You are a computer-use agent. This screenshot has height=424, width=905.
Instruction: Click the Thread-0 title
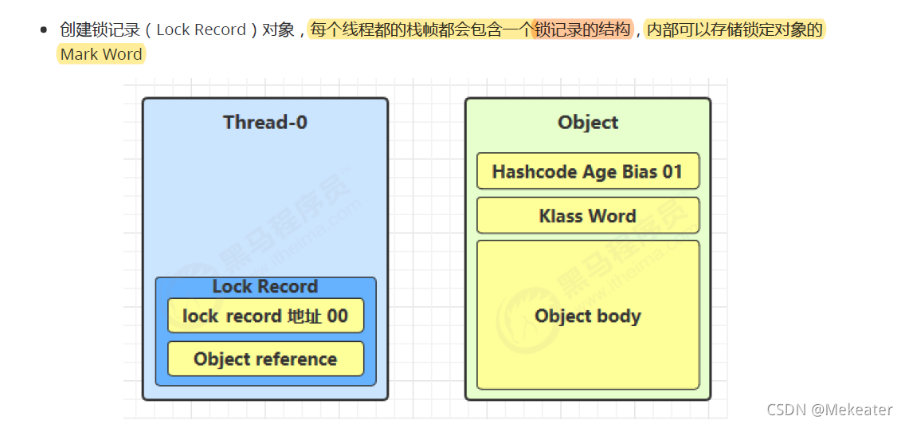(265, 123)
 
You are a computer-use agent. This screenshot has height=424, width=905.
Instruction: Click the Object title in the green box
(588, 123)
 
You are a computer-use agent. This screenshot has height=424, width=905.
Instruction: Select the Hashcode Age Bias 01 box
(588, 171)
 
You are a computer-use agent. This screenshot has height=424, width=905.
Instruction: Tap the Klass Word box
(588, 216)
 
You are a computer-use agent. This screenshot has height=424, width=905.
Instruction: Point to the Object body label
(588, 316)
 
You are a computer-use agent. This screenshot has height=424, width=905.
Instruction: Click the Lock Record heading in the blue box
(265, 287)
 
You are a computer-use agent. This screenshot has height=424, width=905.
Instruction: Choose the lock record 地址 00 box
(265, 316)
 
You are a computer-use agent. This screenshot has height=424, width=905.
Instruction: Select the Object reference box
(265, 359)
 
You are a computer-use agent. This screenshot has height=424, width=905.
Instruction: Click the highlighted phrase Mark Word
(101, 55)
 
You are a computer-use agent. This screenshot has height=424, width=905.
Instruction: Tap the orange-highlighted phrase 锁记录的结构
(582, 30)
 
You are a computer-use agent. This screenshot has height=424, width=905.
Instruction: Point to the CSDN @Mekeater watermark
(829, 410)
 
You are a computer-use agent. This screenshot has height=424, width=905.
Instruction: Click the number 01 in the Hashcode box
(672, 171)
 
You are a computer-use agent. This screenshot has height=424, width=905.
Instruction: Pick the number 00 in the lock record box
(337, 316)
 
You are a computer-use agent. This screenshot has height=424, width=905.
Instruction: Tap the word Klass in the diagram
(561, 216)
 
